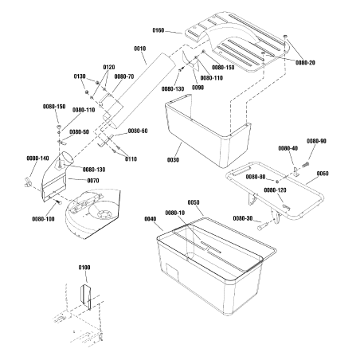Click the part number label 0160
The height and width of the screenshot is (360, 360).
click(x=158, y=30)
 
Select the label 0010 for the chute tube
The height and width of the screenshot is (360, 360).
click(x=140, y=49)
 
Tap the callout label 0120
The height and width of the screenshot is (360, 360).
click(x=109, y=67)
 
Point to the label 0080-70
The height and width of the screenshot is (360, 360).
click(x=124, y=76)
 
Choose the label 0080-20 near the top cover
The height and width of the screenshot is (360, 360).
click(x=304, y=62)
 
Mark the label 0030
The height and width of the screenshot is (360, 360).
click(x=174, y=159)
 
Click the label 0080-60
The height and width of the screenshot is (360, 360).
click(x=138, y=131)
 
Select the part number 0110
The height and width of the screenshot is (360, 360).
click(x=131, y=158)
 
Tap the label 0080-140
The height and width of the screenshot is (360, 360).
click(x=37, y=158)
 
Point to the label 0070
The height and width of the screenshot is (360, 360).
click(x=93, y=181)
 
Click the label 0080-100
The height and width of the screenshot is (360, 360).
click(x=43, y=218)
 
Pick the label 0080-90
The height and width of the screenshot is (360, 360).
click(x=316, y=141)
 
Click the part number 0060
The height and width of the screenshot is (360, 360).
click(x=322, y=173)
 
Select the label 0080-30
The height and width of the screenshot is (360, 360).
click(x=244, y=218)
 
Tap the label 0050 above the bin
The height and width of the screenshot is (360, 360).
click(x=194, y=203)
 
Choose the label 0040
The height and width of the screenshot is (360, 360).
click(x=151, y=218)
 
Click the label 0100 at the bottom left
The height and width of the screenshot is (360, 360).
click(x=84, y=268)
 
